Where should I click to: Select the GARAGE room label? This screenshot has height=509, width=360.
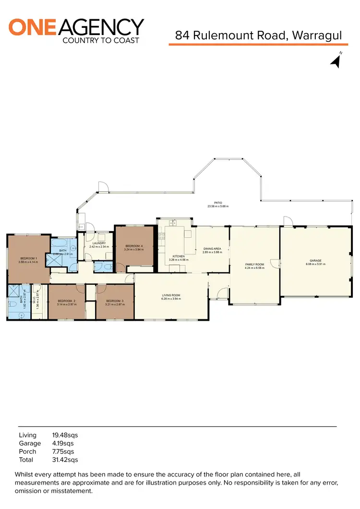315,261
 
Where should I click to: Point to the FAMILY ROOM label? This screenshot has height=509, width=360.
254,265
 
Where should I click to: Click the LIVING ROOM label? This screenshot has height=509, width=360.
171,295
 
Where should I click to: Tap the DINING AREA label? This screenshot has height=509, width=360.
212,249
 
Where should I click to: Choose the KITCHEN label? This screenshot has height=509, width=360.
179,256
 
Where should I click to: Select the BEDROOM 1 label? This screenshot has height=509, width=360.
27,258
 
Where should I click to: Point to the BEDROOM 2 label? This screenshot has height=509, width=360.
67,301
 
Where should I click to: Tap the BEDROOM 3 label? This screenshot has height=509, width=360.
115,301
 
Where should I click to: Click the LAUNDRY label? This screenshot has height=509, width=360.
98,243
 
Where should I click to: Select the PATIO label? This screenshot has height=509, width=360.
218,203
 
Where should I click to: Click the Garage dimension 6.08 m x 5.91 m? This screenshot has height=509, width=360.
315,264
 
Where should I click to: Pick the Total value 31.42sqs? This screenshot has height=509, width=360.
65,460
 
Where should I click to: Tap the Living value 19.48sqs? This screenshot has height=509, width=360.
65,435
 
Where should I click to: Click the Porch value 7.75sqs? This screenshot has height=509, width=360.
63,452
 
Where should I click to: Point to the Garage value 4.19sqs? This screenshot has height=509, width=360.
63,443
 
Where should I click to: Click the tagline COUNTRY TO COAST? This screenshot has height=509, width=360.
101,40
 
